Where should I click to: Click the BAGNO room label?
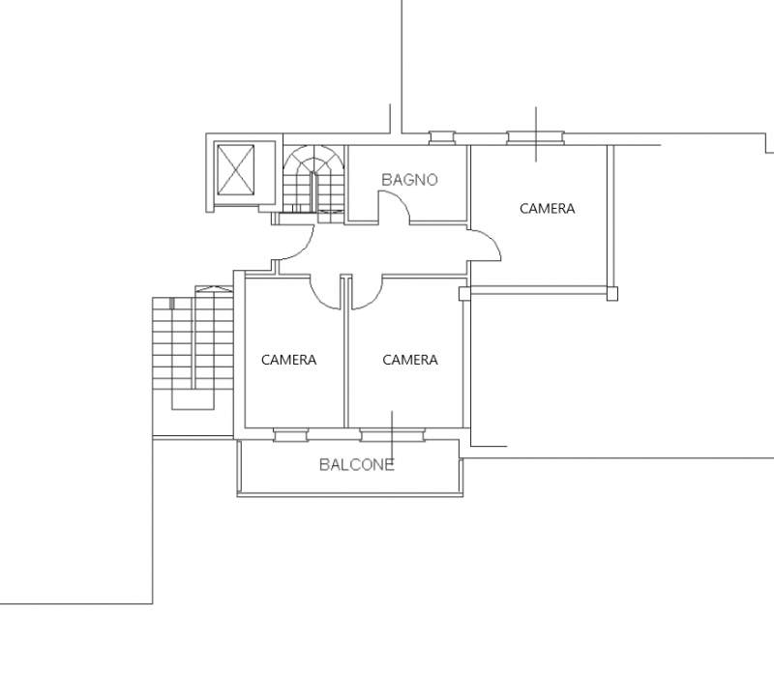(409, 180)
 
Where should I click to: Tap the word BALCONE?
(357, 465)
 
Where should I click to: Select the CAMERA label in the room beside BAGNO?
(547, 209)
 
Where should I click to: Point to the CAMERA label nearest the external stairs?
(288, 360)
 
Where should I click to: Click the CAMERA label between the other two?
(410, 360)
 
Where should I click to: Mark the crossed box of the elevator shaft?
(236, 169)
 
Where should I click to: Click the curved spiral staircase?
(313, 179)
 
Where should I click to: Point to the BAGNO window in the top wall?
(442, 137)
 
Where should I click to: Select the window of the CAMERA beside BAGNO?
(536, 137)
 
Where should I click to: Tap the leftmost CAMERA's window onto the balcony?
(291, 435)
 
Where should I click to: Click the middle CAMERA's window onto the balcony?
(392, 435)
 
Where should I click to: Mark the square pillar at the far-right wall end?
(612, 294)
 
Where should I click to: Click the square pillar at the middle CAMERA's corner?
(465, 294)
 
